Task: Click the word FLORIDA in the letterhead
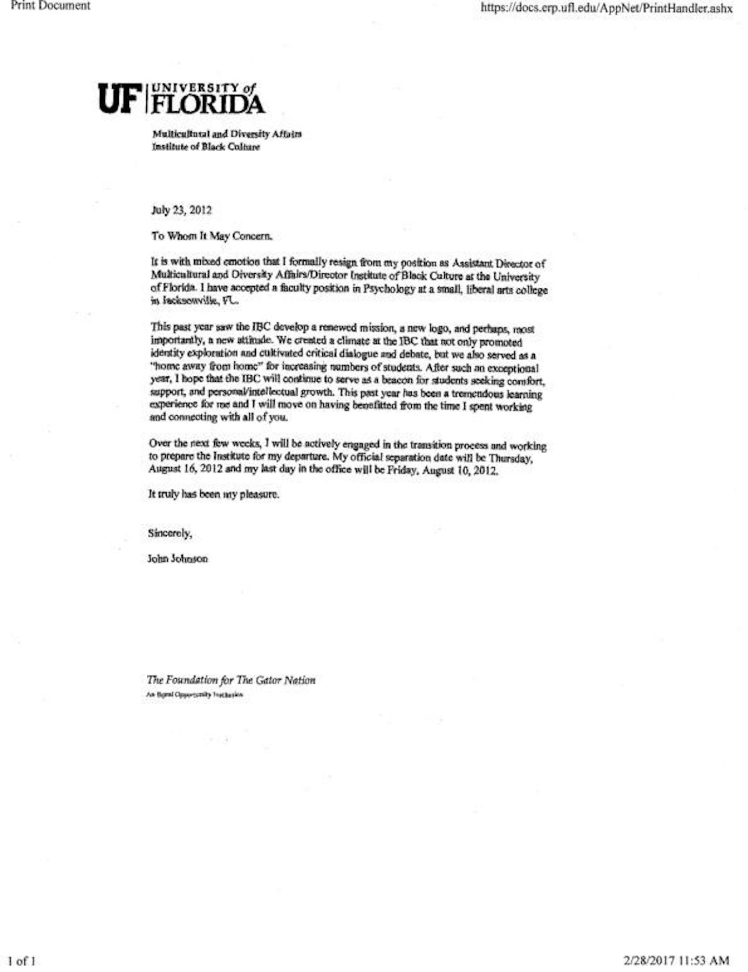[x=208, y=104]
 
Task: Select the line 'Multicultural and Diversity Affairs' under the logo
[x=227, y=134]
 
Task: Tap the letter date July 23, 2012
[x=181, y=210]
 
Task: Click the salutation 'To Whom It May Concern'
[x=212, y=236]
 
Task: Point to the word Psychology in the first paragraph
[x=389, y=288]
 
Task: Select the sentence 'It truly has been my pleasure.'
[x=214, y=494]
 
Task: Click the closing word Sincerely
[x=169, y=534]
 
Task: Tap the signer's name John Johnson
[x=178, y=559]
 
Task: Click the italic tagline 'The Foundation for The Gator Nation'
[x=231, y=680]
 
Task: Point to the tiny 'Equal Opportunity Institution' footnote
[x=194, y=695]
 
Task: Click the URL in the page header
[x=606, y=8]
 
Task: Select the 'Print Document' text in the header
[x=50, y=6]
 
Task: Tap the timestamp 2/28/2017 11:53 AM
[x=676, y=960]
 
